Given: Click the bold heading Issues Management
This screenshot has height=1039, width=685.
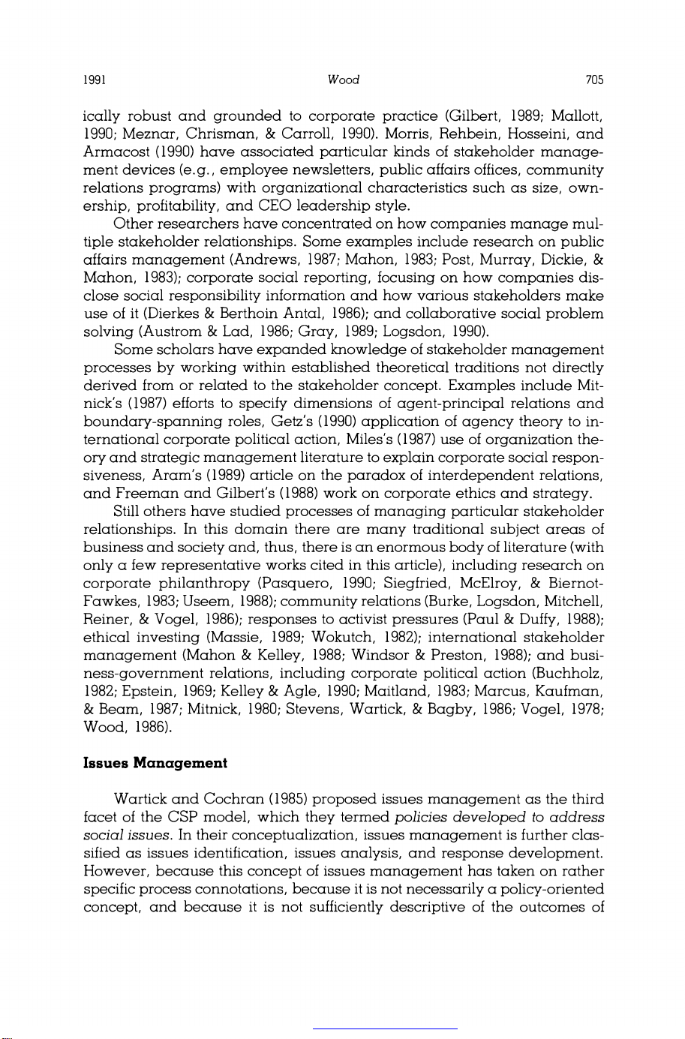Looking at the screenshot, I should coord(155,764).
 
